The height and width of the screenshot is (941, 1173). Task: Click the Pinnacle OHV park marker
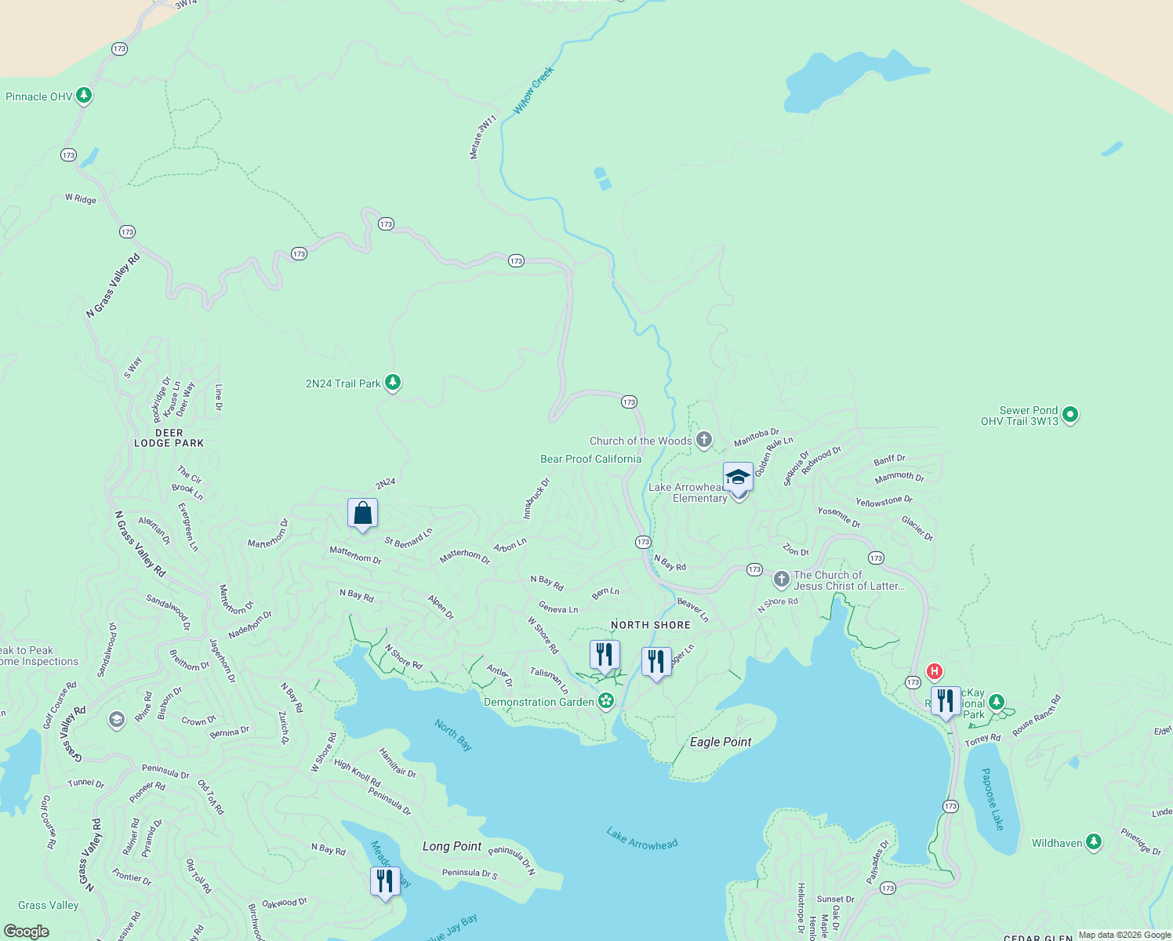click(84, 96)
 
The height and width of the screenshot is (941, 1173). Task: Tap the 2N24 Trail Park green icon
click(393, 383)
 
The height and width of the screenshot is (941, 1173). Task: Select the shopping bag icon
click(362, 514)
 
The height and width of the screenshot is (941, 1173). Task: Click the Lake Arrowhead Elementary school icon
click(738, 478)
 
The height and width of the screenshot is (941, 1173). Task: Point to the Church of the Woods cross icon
click(704, 440)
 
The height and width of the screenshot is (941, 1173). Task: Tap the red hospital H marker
click(934, 671)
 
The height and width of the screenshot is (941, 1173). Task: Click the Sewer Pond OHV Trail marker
click(1070, 415)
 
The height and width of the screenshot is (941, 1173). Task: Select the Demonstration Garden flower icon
click(606, 701)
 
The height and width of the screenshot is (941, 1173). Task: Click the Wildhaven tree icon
click(1094, 842)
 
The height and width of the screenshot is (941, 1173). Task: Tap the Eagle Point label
click(721, 742)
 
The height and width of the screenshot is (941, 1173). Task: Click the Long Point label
click(452, 846)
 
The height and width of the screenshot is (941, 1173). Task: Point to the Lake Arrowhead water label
click(642, 838)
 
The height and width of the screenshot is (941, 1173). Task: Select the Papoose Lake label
click(993, 798)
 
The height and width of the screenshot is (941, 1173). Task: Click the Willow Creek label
click(533, 90)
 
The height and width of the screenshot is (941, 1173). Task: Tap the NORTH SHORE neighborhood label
click(651, 625)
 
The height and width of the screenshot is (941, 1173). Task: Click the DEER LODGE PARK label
click(169, 438)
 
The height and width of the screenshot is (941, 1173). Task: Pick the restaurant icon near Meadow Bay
click(385, 882)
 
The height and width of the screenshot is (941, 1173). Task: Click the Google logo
click(27, 932)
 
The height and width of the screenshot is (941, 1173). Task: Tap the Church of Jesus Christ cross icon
click(781, 579)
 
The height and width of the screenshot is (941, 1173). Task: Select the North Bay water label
click(453, 735)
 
